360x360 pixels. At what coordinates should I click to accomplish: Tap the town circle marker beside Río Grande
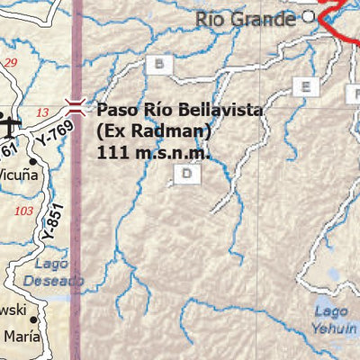click(x=309, y=16)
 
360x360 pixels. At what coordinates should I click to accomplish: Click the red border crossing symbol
click(x=76, y=108)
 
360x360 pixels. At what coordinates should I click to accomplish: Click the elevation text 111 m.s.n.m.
click(x=154, y=152)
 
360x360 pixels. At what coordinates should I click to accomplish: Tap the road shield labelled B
click(x=160, y=64)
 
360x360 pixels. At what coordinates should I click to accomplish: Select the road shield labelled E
click(x=306, y=86)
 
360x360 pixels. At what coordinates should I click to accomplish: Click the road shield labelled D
click(x=186, y=174)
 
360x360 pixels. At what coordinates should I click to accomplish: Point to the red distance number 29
click(x=11, y=62)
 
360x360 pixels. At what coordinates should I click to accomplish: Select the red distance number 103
click(x=24, y=211)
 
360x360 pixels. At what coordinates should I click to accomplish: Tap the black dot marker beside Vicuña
click(x=32, y=163)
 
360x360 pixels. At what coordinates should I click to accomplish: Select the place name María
click(x=22, y=337)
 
